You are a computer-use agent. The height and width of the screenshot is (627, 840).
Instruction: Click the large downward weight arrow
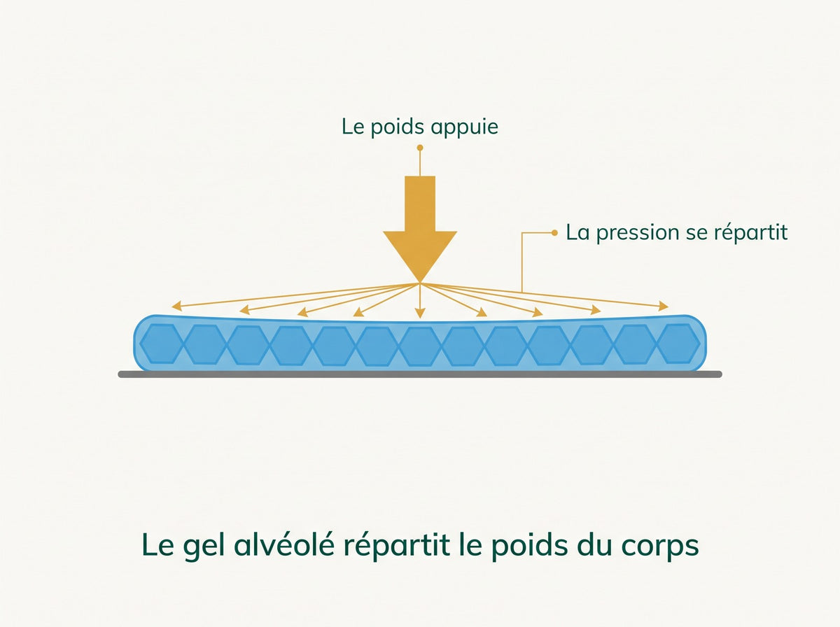(420, 230)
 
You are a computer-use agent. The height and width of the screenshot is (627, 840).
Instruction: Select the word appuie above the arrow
(464, 128)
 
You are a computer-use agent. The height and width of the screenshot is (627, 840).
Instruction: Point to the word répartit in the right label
(750, 233)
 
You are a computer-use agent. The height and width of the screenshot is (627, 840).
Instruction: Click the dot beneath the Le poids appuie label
(420, 148)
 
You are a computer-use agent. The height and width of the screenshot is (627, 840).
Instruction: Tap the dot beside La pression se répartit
(554, 232)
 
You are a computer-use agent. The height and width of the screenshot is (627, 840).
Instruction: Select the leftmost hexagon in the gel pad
(162, 344)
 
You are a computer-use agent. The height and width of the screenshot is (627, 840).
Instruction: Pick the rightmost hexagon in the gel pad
(678, 344)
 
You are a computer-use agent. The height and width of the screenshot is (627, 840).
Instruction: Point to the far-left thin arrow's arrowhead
(176, 306)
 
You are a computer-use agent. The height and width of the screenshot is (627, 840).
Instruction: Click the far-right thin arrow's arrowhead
(664, 306)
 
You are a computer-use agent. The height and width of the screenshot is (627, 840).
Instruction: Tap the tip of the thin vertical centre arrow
(420, 318)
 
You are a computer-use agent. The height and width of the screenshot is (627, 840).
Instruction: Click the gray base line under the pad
(420, 374)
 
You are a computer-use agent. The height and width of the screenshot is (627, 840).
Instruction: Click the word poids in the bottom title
(529, 546)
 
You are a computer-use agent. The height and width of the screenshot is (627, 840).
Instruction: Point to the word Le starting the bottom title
(158, 544)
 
